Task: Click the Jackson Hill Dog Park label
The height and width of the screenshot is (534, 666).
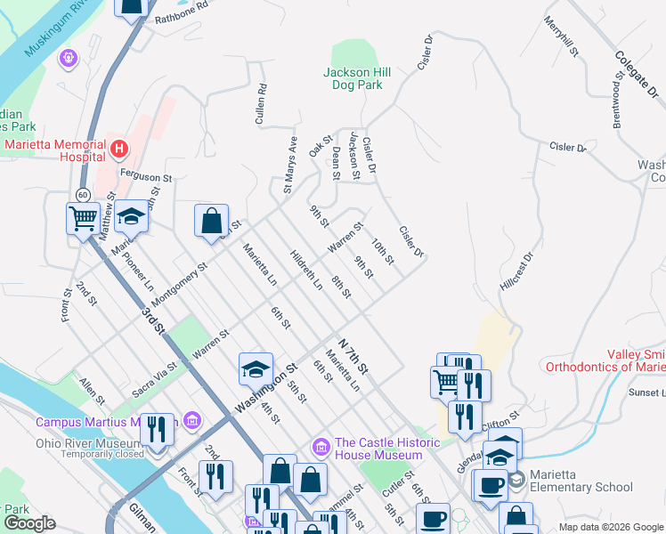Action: pos(353,78)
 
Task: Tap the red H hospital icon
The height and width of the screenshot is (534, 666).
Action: pos(118,147)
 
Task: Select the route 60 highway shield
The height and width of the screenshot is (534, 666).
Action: pos(83,194)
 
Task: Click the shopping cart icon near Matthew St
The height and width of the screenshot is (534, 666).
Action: pos(83,216)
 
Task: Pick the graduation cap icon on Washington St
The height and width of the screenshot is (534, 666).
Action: pos(255,368)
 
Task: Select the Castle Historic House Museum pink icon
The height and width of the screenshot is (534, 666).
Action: pos(321,444)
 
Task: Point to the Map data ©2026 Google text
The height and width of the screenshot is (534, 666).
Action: pos(610,527)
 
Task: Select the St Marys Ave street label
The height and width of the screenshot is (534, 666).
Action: pos(289,165)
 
